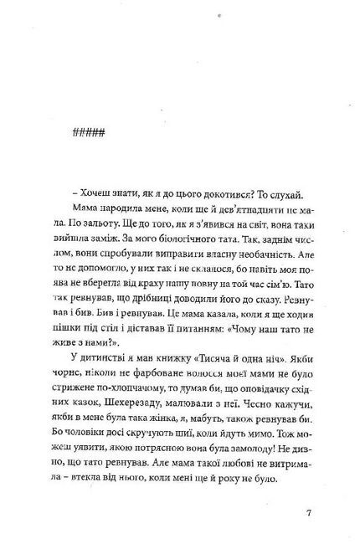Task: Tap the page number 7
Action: [x=309, y=512]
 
